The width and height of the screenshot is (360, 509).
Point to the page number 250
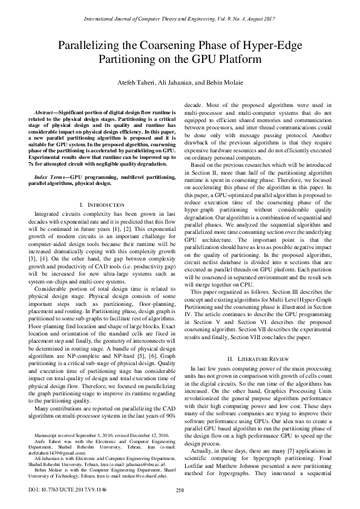(x=180, y=490)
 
